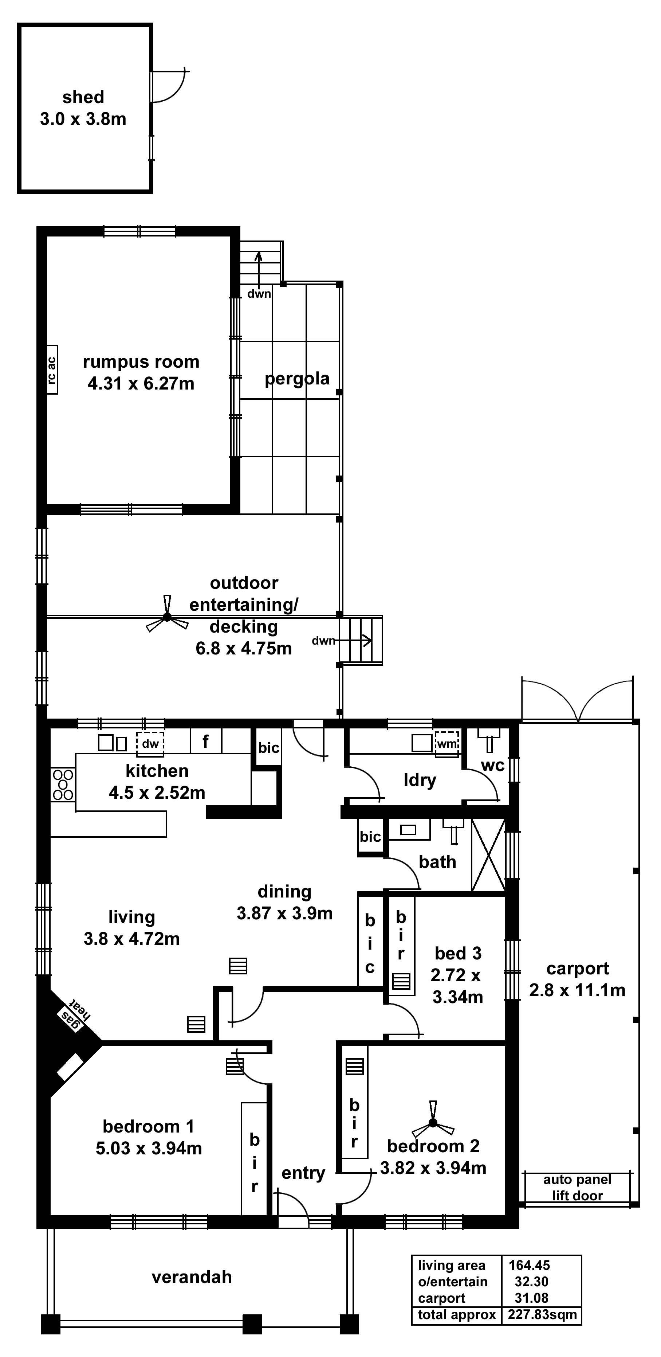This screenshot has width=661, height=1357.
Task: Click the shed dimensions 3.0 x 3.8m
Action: coord(83,119)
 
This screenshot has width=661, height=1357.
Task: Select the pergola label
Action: coord(297,378)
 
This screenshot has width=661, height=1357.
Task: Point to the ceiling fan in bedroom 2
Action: coord(433,1123)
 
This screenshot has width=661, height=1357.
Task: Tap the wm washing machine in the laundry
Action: coord(446,744)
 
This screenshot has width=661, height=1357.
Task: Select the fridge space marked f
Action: coord(205,742)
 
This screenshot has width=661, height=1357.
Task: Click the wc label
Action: coord(492,766)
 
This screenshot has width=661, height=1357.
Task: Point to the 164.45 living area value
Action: coord(529,1265)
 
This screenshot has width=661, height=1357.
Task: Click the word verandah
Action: coord(192,1277)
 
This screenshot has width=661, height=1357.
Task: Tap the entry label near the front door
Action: coord(303,1173)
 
